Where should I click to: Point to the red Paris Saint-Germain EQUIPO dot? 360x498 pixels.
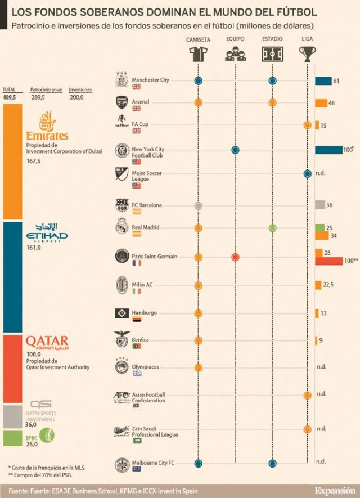pos(236,257)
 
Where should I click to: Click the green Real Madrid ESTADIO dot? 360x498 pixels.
pos(272,228)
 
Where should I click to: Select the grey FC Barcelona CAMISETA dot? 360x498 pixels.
pos(198,205)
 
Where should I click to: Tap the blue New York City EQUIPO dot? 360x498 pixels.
pos(236,150)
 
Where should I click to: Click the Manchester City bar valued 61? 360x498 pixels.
pos(323,81)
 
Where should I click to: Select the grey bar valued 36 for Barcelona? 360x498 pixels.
pos(320,205)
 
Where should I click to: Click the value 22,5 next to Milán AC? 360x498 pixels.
pos(328,285)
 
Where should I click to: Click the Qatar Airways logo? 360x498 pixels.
pos(47,343)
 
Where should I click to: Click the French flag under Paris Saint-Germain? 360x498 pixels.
pos(136,263)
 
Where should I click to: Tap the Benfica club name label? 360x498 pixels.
pos(140,340)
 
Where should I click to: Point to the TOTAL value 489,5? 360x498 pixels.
pos(9,97)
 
